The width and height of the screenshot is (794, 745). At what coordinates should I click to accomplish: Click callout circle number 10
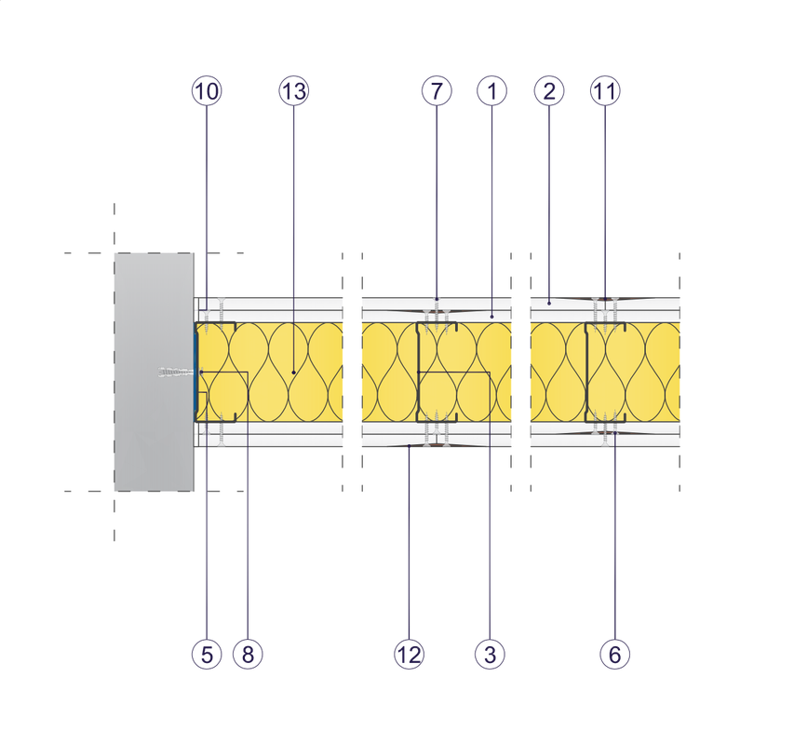207,91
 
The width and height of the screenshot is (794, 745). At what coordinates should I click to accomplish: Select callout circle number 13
294,91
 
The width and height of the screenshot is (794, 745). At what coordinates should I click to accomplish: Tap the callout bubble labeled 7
437,91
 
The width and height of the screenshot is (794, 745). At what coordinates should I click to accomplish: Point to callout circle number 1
491,91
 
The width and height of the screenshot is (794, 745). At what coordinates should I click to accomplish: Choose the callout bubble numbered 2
549,91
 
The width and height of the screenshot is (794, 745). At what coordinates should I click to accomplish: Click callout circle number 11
605,91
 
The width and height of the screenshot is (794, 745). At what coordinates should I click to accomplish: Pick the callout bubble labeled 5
207,655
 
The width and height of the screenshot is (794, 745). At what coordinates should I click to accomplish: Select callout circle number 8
248,655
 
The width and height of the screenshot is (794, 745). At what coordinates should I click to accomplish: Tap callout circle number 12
410,655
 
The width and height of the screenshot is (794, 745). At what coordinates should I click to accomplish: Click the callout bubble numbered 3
490,655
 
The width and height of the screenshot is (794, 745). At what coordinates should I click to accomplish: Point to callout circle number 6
614,655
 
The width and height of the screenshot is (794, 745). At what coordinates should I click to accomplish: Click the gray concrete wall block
155,372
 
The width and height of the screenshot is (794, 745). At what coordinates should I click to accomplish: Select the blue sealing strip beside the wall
195,372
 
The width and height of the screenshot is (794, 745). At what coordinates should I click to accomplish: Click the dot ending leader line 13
294,372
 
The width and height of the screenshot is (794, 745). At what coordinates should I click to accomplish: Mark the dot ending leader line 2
549,304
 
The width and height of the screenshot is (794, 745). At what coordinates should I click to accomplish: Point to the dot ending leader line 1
491,316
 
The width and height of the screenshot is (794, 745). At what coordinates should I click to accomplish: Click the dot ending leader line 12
410,446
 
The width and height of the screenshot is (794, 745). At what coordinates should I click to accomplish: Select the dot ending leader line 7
437,299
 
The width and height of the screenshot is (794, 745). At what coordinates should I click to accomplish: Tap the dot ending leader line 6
614,434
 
